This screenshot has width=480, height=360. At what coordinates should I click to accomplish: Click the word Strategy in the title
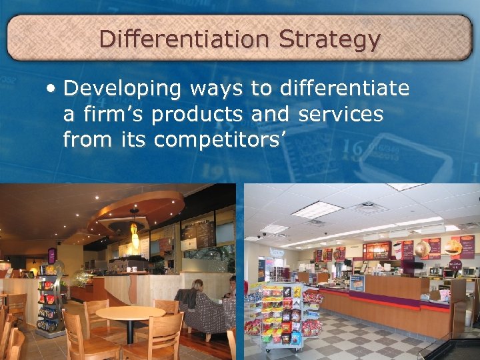tap(329, 40)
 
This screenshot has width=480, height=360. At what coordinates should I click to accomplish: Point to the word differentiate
tap(345, 88)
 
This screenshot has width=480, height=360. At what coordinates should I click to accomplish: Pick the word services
tap(341, 114)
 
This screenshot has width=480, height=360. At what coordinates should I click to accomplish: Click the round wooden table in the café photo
tap(131, 314)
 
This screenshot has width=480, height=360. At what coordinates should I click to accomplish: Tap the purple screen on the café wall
tap(51, 255)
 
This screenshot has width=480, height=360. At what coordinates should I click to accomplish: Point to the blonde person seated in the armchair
tap(197, 287)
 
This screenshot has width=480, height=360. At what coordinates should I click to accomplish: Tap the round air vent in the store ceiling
tap(368, 207)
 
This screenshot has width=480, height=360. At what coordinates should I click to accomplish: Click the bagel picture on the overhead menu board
tap(421, 249)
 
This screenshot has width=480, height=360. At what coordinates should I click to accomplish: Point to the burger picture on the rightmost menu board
tap(453, 247)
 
